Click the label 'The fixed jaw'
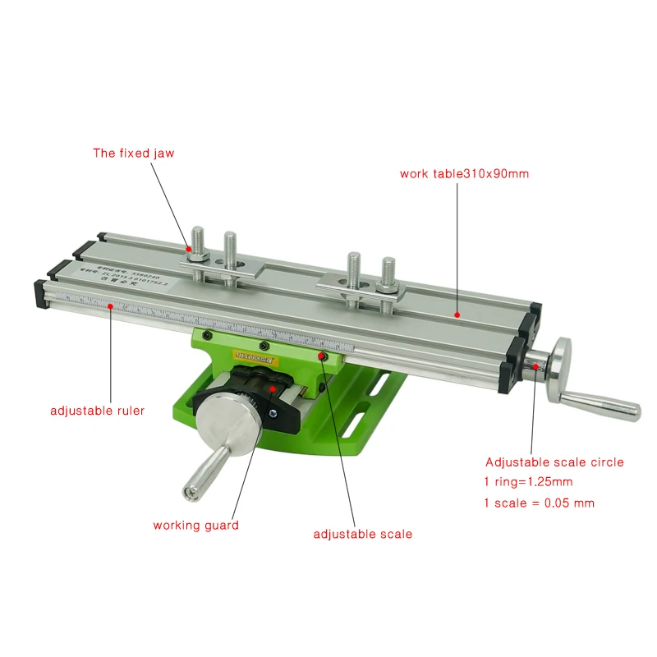pyautogui.click(x=133, y=153)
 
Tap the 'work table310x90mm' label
pyautogui.click(x=464, y=174)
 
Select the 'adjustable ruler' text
pyautogui.click(x=97, y=410)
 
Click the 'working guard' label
pyautogui.click(x=195, y=525)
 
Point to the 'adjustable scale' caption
pyautogui.click(x=362, y=534)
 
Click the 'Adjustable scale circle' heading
pyautogui.click(x=554, y=462)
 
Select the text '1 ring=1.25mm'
pyautogui.click(x=529, y=482)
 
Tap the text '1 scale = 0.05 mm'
pyautogui.click(x=540, y=503)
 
